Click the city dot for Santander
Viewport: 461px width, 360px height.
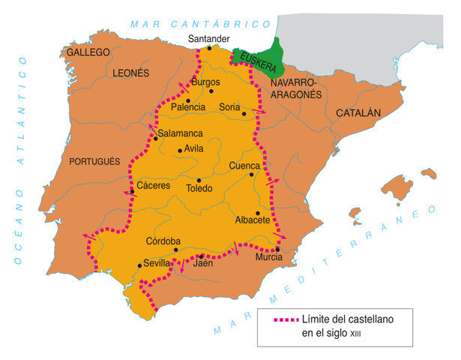[x=209, y=49]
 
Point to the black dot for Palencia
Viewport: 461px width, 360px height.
[x=187, y=99]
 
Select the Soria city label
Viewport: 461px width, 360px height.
[x=229, y=107]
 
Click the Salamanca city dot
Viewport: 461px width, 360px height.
[x=155, y=138]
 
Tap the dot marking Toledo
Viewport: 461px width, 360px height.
[x=199, y=180]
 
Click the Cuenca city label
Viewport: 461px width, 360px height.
[x=245, y=165]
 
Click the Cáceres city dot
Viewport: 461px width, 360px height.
[x=132, y=192]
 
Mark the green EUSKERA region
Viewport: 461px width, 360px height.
[x=255, y=58]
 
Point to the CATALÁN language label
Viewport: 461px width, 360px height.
[x=358, y=112]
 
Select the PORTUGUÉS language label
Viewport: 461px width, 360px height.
[x=94, y=161]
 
